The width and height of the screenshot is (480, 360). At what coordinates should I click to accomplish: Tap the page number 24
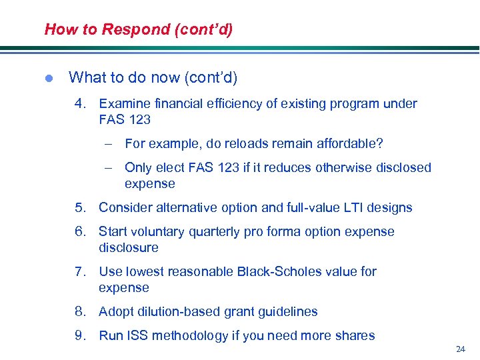460,349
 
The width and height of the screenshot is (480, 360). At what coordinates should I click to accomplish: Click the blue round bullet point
48,79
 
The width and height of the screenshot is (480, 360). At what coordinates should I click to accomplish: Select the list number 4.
80,104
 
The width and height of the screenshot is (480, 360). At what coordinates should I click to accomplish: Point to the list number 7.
80,272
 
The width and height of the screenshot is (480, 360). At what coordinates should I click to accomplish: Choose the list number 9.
80,336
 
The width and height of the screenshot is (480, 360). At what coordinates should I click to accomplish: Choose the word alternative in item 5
185,208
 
